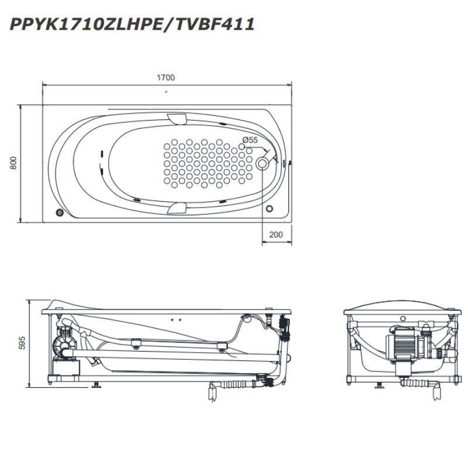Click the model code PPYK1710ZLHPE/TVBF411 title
pyautogui.click(x=132, y=25)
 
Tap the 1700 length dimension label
pyautogui.click(x=166, y=78)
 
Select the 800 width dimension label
pyautogui.click(x=13, y=163)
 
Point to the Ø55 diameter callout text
pyautogui.click(x=250, y=140)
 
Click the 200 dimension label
pyautogui.click(x=276, y=235)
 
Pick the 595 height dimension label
pyautogui.click(x=22, y=343)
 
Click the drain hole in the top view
pyautogui.click(x=262, y=163)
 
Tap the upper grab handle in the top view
pyautogui.click(x=177, y=119)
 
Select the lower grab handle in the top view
pyautogui.click(x=177, y=208)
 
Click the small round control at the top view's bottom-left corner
pyautogui.click(x=60, y=212)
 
